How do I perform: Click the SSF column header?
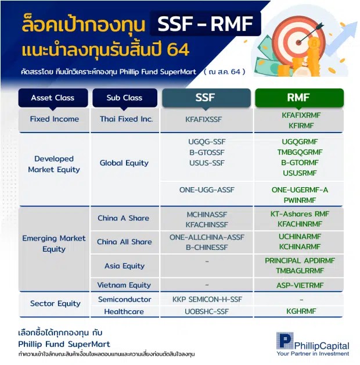coord(206,98)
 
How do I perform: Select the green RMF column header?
coord(299,98)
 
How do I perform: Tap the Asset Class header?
coord(53,98)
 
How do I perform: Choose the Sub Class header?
coord(124,98)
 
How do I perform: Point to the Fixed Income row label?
coord(54,119)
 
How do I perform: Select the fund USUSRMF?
coord(299,173)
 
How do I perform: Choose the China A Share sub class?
coord(123,218)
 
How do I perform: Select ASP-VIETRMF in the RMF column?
coord(300,285)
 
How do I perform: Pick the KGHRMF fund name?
coord(300,312)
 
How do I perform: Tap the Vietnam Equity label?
coord(124,285)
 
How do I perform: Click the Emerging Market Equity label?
coord(54,244)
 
